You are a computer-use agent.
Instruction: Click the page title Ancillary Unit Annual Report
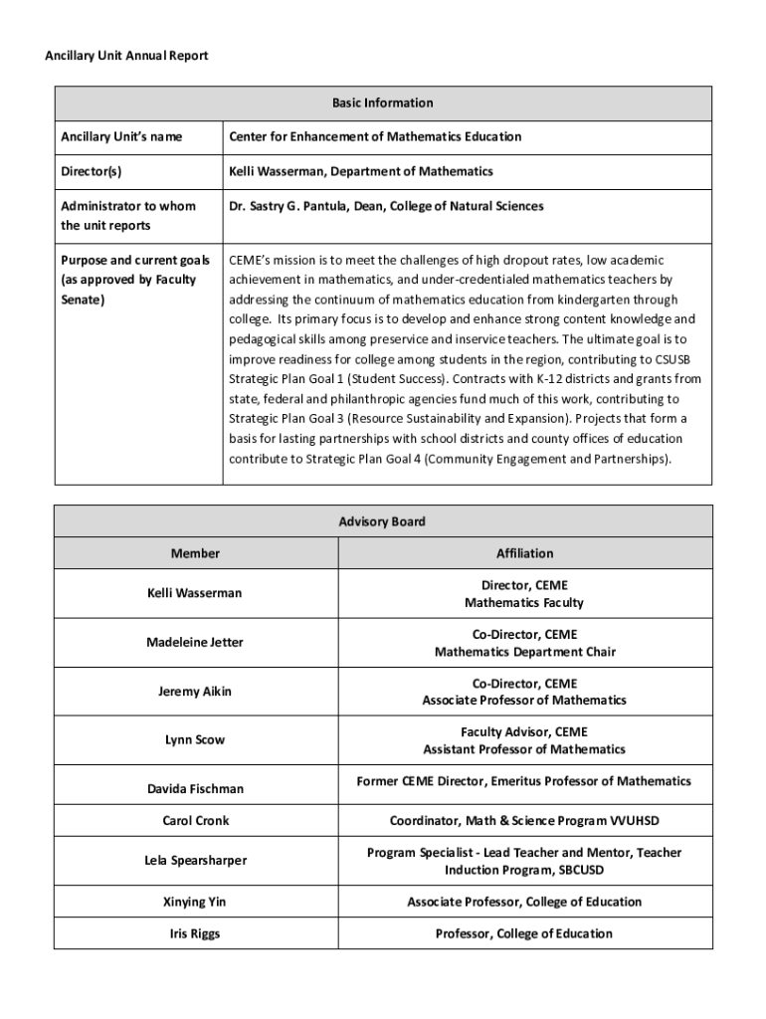pos(126,56)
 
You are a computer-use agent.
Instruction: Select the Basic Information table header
pos(383,102)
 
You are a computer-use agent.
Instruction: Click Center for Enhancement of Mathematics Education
pos(375,136)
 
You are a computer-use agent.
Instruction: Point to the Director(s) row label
pos(92,171)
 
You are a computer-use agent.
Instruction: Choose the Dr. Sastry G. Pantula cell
pos(386,206)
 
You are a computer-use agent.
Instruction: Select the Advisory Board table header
pos(382,521)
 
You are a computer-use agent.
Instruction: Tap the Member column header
pos(195,553)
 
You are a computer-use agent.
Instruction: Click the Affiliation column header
pos(524,553)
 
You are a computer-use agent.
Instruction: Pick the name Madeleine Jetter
pos(195,642)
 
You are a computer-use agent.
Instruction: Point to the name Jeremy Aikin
pos(195,691)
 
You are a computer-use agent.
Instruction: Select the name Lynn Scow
pos(195,739)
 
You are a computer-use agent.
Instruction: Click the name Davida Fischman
pos(195,788)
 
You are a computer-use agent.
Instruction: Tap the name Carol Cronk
pos(195,821)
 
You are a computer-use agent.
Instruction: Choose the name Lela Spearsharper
pos(195,860)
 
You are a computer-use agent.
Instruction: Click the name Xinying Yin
pos(195,902)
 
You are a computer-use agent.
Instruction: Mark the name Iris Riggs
pos(195,933)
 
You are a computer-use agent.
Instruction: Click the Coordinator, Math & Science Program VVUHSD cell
pos(524,821)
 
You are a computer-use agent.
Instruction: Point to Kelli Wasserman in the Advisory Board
pos(195,593)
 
